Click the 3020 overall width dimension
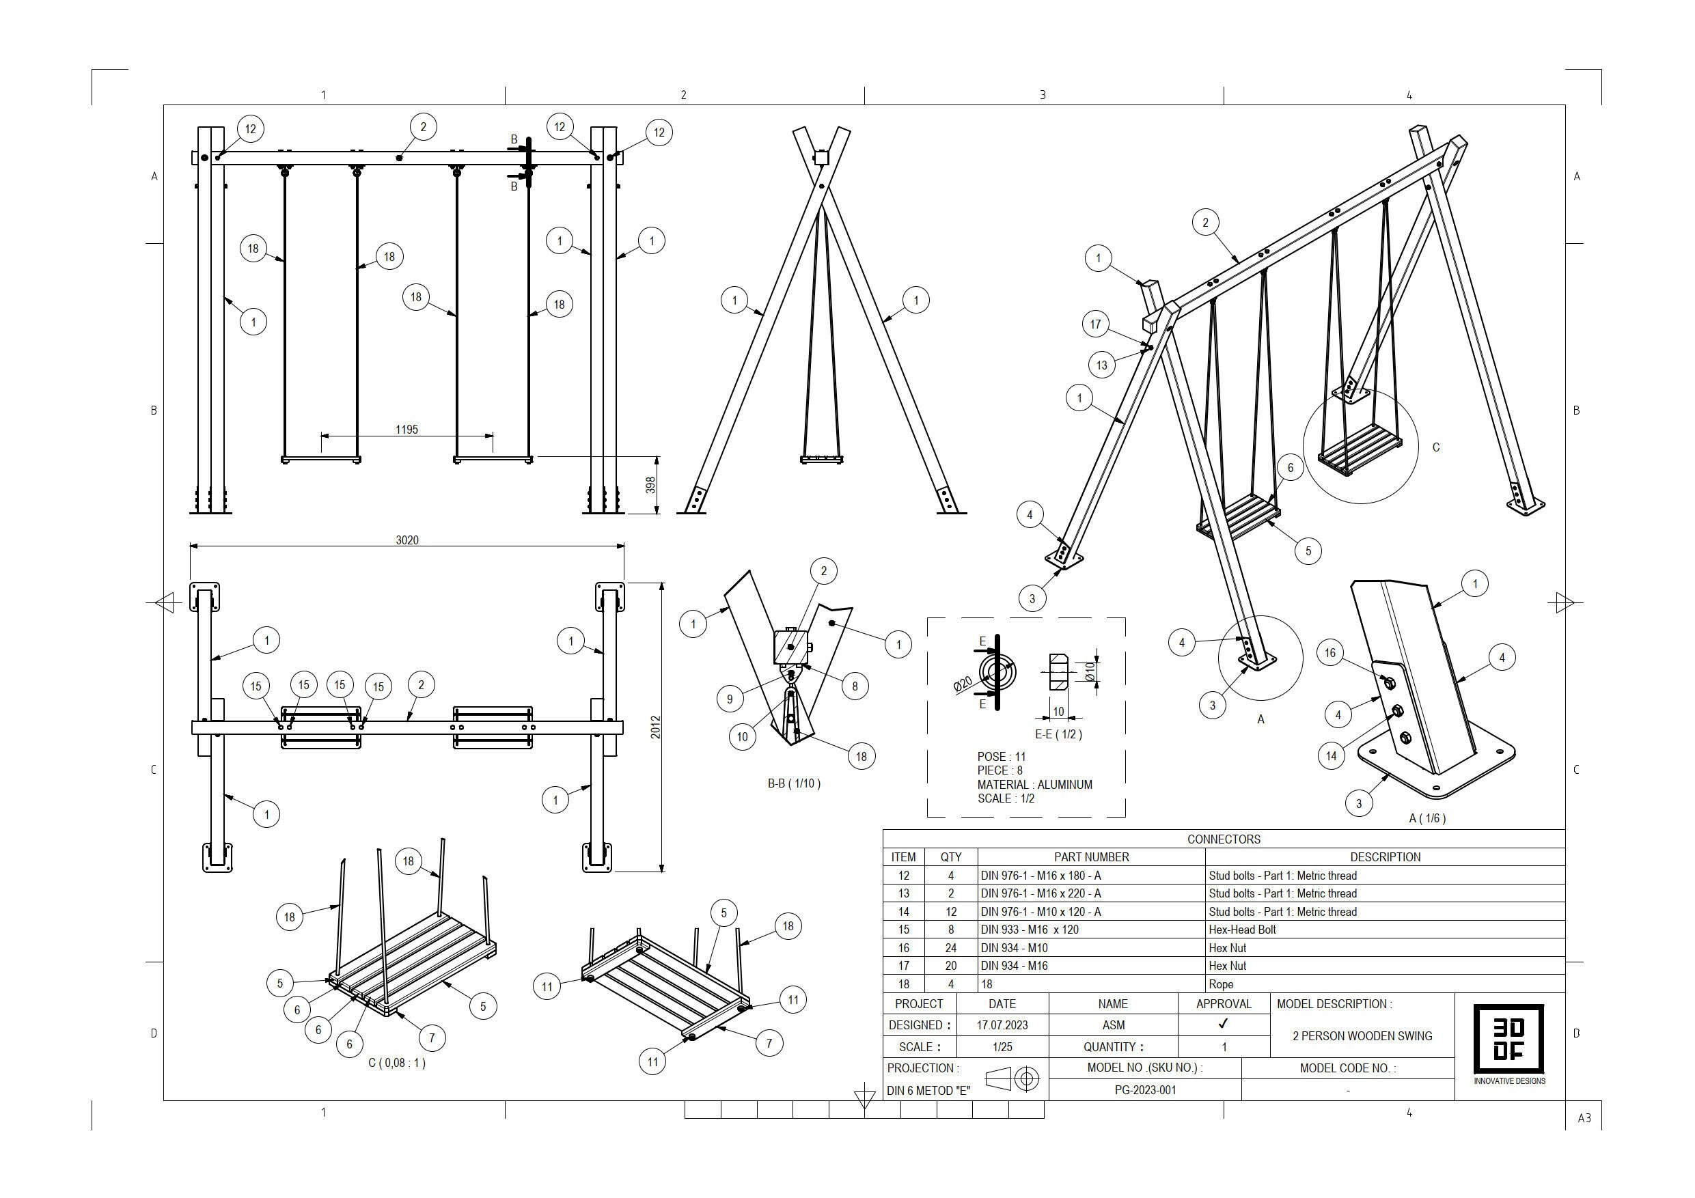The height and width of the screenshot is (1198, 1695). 406,540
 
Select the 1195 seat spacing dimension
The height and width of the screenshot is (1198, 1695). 406,430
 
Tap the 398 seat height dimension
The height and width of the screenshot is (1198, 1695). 650,485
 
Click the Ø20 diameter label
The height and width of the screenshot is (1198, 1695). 963,684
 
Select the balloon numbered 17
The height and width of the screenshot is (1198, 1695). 1096,324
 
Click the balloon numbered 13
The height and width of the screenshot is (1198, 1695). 1101,365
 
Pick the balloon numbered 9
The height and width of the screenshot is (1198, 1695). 730,699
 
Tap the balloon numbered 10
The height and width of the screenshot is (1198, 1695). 742,737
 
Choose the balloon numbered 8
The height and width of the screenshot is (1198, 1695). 855,686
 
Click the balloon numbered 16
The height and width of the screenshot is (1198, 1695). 1330,652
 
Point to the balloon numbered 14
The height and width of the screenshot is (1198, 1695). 1331,756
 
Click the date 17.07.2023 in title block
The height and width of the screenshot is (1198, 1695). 1002,1025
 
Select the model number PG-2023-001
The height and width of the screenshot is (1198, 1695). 1145,1090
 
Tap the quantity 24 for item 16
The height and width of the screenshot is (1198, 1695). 951,948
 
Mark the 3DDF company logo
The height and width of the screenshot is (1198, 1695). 1509,1039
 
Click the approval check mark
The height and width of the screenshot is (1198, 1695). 1224,1025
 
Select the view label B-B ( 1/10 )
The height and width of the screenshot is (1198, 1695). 794,783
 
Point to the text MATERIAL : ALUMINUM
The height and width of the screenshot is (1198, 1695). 1034,785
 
